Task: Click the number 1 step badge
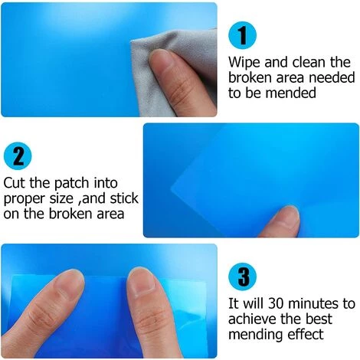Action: click(x=242, y=35)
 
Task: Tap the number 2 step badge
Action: click(x=18, y=155)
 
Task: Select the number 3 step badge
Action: click(x=242, y=277)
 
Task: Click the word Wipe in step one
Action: click(x=244, y=62)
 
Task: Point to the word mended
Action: click(x=290, y=93)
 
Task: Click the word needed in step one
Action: click(x=332, y=77)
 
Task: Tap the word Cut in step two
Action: click(x=15, y=183)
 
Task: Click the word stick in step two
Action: click(x=124, y=198)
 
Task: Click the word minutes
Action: click(x=313, y=304)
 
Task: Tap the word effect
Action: click(x=306, y=334)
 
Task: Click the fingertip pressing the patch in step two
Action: click(x=285, y=216)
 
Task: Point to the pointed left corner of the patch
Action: click(x=171, y=189)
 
